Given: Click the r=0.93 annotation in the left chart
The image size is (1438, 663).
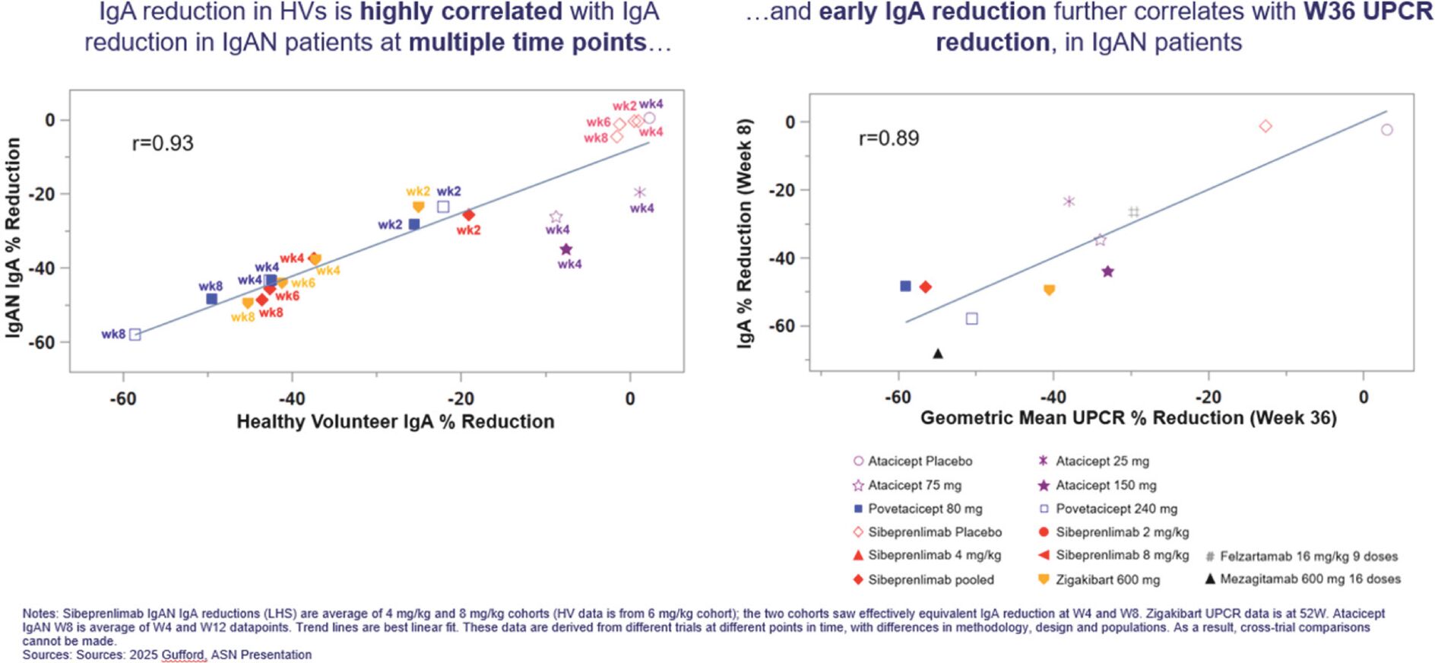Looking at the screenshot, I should tap(163, 144).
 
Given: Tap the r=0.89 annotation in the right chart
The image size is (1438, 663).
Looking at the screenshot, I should tap(888, 138).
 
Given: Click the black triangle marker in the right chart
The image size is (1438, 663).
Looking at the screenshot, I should tap(938, 354).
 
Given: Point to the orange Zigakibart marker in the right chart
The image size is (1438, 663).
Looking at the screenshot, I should tap(1049, 290).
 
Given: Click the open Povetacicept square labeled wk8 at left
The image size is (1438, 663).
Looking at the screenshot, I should tap(135, 335).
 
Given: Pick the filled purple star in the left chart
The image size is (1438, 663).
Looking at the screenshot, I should tap(565, 249).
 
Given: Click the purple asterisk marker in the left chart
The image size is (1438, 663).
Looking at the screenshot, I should tap(639, 192).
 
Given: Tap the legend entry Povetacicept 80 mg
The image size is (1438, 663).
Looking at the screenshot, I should tap(924, 509).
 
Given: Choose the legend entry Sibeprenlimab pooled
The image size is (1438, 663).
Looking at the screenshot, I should tap(930, 579).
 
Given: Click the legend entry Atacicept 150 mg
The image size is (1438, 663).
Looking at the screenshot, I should tap(1105, 485).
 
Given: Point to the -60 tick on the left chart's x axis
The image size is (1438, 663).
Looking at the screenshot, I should tap(123, 398).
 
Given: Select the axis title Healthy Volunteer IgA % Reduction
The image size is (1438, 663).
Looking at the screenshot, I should tap(395, 422).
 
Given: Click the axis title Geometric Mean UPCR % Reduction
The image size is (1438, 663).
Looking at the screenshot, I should tap(1128, 418).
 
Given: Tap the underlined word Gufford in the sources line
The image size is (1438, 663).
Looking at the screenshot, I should tap(184, 655).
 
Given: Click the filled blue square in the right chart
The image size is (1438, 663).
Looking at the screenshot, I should tap(905, 287).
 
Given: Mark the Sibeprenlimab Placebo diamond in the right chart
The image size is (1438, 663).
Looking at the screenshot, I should tap(1265, 126).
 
